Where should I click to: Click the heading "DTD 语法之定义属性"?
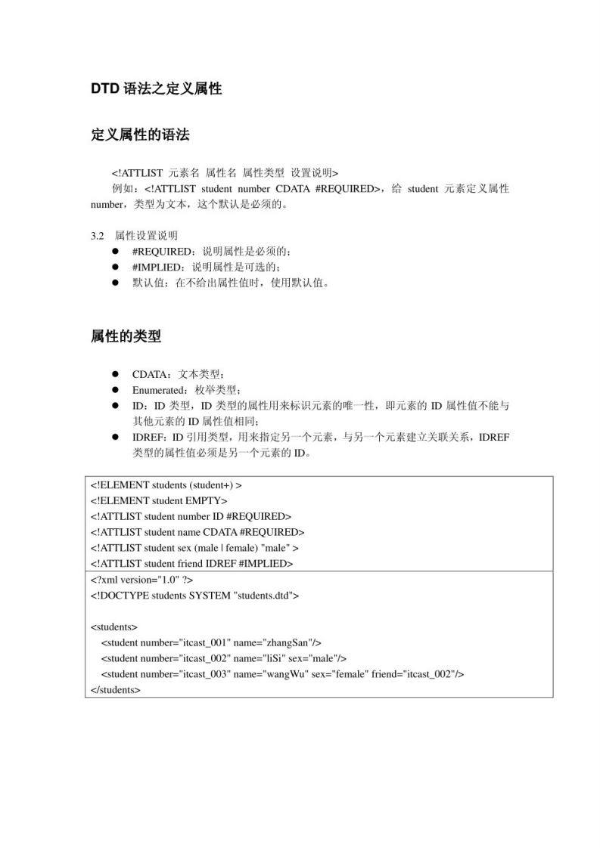[x=156, y=89]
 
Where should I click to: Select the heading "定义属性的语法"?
[x=140, y=135]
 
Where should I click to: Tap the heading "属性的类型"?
[x=126, y=337]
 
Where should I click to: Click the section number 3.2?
[x=98, y=236]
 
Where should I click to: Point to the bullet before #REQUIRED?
[x=116, y=252]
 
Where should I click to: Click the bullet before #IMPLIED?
[x=116, y=268]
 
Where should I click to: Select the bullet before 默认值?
[x=116, y=283]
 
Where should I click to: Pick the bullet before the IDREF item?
[x=116, y=438]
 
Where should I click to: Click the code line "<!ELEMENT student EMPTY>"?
[x=159, y=500]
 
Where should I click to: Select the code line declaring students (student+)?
[x=166, y=484]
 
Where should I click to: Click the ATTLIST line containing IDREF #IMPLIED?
[x=191, y=564]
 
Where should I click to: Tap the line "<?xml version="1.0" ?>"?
[x=139, y=580]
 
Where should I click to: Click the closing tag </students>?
[x=115, y=690]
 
